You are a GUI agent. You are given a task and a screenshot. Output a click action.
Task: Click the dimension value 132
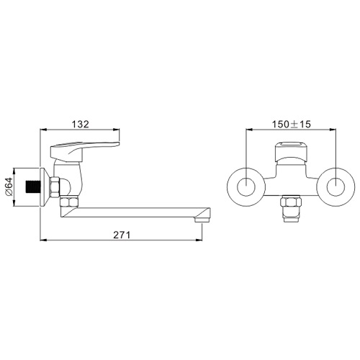[81, 124]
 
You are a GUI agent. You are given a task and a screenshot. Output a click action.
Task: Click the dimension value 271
[122, 235]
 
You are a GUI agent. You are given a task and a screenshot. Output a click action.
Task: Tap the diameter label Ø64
[9, 187]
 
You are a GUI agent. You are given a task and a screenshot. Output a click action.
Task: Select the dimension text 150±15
[291, 124]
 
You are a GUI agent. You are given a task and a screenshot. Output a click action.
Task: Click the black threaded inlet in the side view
[33, 187]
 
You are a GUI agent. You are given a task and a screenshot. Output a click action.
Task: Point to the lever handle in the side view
[84, 150]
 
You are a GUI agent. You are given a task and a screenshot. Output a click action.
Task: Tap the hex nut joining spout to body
[68, 202]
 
